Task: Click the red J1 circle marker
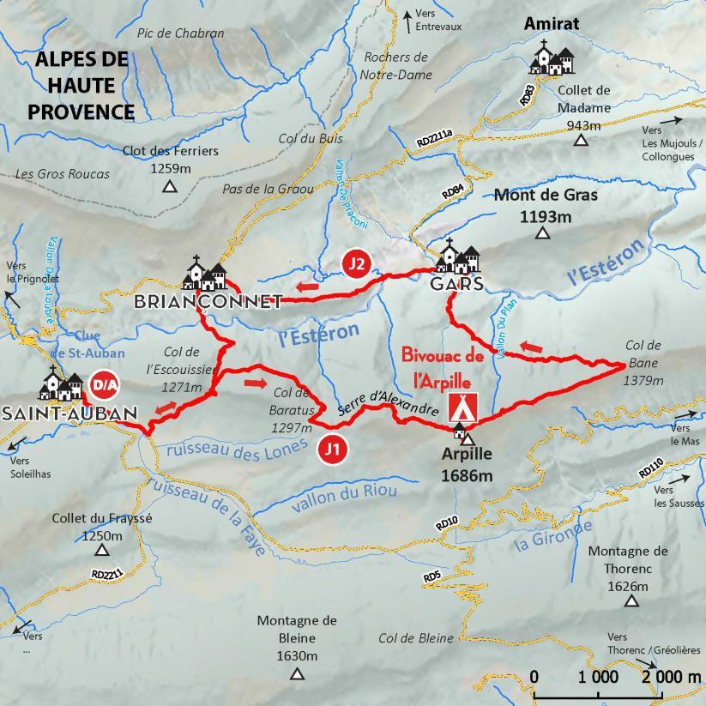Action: pos(332,448)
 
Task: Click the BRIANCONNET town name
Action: pos(208,301)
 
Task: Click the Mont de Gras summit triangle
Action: pos(541,234)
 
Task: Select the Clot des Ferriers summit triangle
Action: pos(170,186)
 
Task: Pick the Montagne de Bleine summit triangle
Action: pos(297,674)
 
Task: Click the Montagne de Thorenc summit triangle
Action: pos(631,601)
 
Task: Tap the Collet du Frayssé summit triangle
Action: pos(102,550)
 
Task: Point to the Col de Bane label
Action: pos(643,345)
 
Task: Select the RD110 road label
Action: pos(651,470)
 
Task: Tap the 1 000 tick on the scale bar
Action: pos(598,677)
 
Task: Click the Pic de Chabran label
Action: pos(180,33)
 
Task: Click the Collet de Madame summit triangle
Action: pos(582,140)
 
